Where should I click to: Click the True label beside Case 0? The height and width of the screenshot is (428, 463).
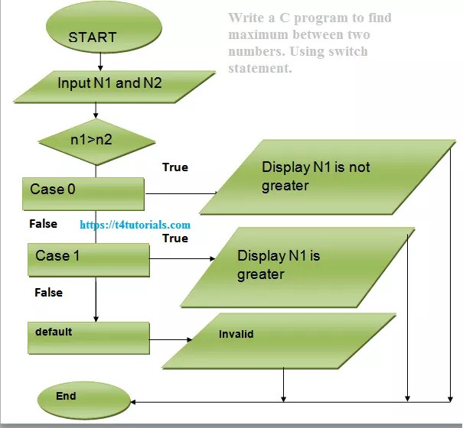tap(175, 167)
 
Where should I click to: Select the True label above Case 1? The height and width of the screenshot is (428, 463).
tap(175, 238)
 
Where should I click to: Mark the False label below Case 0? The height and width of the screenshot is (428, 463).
tap(43, 224)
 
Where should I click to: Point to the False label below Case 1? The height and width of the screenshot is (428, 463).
tap(48, 292)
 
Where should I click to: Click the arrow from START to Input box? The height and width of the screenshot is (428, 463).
tap(100, 61)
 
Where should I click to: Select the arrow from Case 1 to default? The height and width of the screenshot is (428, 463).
tap(96, 300)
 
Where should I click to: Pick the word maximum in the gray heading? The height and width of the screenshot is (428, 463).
tap(259, 35)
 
